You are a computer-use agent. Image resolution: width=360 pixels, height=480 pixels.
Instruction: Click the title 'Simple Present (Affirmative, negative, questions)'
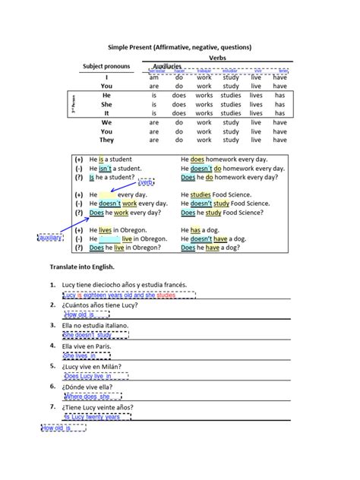(179, 47)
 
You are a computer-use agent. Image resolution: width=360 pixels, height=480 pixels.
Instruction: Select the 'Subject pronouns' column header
(106, 67)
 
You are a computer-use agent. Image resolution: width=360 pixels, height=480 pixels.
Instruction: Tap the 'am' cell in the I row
(153, 77)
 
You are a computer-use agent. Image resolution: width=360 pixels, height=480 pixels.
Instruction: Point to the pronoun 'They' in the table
(106, 141)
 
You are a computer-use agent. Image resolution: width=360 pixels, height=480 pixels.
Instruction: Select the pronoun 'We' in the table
(106, 122)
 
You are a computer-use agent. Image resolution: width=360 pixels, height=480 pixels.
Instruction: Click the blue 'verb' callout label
(147, 182)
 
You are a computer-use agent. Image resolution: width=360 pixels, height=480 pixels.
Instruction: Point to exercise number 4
(50, 346)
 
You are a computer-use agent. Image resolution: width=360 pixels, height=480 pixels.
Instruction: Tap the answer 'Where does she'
(88, 396)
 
